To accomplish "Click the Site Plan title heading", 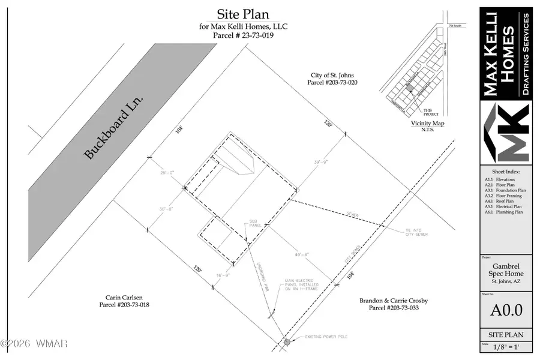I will pyautogui.click(x=242, y=14).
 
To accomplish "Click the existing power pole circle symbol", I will pyautogui.click(x=287, y=341).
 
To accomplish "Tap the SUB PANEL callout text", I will pyautogui.click(x=254, y=224).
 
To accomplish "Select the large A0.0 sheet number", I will pyautogui.click(x=506, y=310).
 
